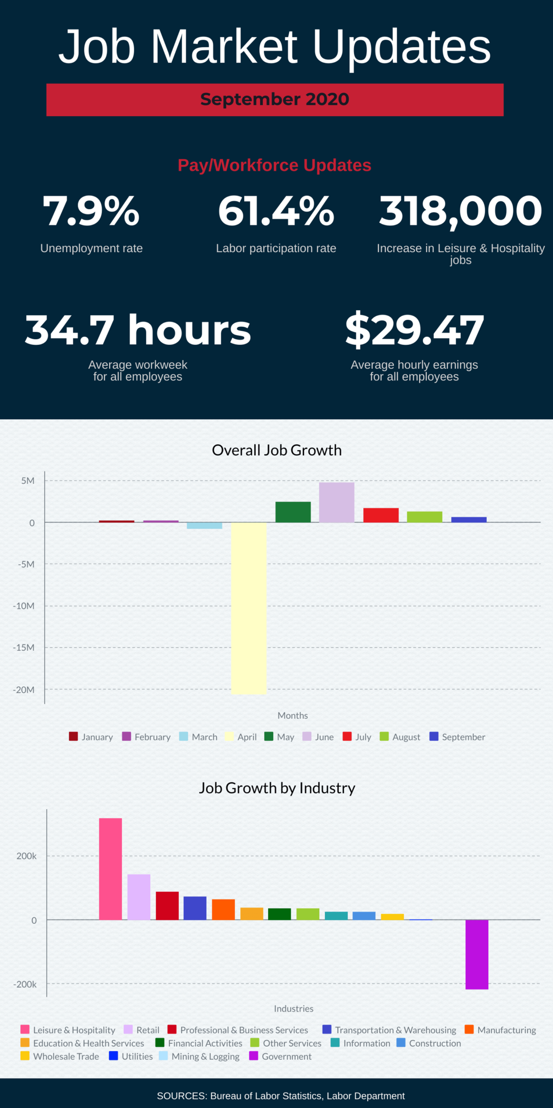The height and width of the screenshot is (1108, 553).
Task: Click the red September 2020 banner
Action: tap(275, 100)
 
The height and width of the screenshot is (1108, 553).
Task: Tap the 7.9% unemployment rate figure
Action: tap(91, 211)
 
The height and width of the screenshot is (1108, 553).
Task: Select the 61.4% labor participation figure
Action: tap(276, 211)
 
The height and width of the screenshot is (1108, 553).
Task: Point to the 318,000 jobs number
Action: tap(460, 211)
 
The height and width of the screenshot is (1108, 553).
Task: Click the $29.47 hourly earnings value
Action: tap(414, 329)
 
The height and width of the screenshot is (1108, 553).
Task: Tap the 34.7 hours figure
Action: tap(138, 329)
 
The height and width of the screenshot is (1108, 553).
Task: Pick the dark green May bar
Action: tap(293, 512)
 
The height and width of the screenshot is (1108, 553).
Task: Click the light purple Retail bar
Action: tap(139, 897)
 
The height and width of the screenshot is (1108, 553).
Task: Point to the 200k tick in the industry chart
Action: tap(27, 856)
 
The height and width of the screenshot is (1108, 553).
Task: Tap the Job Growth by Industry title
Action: tap(276, 788)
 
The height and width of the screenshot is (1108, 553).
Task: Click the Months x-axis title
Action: tap(293, 715)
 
